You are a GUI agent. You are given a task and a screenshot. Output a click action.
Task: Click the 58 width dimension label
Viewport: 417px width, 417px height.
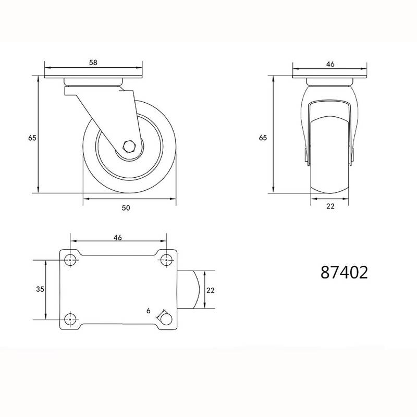tap(93, 63)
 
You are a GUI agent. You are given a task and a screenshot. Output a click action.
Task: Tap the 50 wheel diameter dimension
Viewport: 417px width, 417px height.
tap(126, 207)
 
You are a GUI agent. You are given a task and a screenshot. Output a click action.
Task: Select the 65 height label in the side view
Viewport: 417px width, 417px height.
tap(32, 138)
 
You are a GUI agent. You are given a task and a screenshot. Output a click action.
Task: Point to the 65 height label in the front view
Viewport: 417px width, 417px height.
tap(263, 138)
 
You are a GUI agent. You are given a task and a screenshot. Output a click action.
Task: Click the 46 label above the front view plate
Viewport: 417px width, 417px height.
tap(330, 64)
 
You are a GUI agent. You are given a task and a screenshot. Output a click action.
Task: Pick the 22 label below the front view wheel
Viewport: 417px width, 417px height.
tap(330, 206)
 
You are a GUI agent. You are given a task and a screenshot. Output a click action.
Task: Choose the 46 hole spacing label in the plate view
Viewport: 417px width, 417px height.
tap(118, 238)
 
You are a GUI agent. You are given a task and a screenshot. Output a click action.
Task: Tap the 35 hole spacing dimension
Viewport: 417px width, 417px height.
tap(40, 289)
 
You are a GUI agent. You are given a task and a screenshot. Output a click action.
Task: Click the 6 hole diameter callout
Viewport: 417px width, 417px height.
tap(149, 311)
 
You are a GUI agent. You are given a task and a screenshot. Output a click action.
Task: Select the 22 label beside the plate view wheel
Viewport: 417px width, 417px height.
tap(210, 290)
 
